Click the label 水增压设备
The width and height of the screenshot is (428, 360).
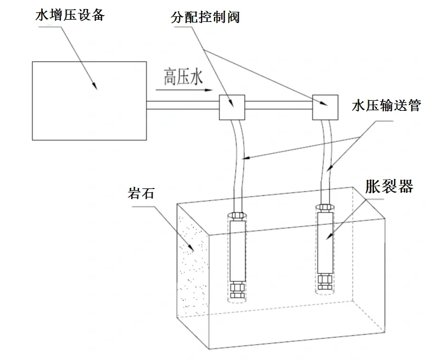(70, 15)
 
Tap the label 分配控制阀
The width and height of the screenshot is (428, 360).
(205, 17)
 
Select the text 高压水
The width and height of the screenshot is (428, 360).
(183, 77)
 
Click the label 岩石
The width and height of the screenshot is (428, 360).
(140, 195)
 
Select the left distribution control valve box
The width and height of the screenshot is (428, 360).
(231, 107)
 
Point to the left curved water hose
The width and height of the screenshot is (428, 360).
(239, 157)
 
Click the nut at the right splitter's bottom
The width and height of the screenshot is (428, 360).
(324, 281)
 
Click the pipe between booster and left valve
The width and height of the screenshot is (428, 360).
(182, 105)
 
